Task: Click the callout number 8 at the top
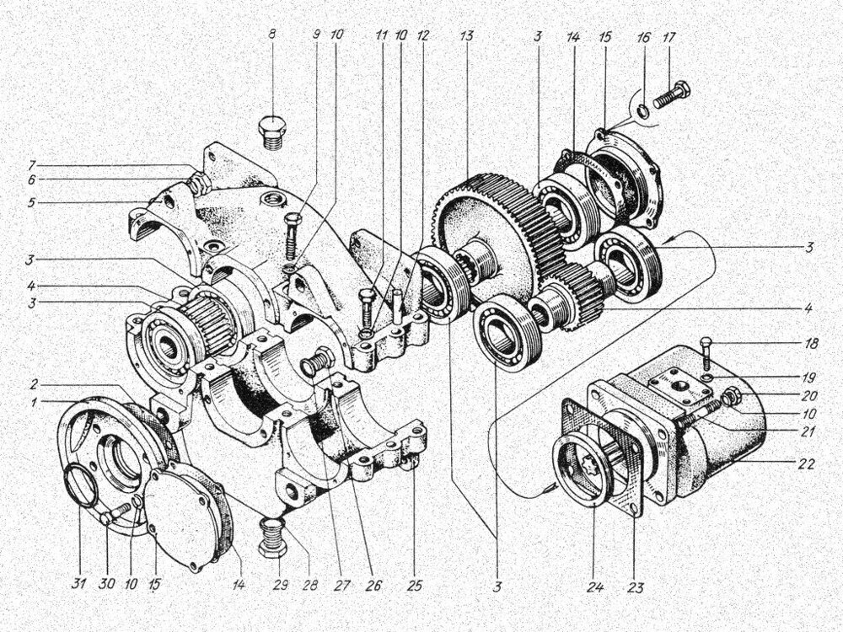tap(272, 36)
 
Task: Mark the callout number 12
tap(422, 36)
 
